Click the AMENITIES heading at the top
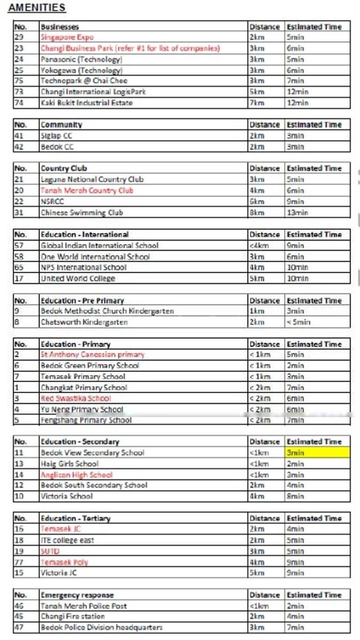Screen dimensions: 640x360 coord(37,8)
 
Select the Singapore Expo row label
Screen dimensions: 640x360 coord(67,37)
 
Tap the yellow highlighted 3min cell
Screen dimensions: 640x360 coord(318,453)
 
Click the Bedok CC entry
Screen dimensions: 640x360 coord(57,147)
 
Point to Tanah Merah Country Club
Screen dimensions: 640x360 coord(87,190)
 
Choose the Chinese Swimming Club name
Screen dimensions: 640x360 coord(82,212)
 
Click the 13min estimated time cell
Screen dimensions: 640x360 coord(297,212)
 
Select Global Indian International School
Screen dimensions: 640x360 coord(100,245)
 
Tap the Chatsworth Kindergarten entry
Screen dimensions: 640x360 coord(84,322)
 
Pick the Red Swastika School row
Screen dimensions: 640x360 coord(76,398)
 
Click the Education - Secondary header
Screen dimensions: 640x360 coord(80,442)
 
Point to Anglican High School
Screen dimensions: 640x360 coord(76,475)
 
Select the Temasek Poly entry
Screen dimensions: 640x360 coord(64,562)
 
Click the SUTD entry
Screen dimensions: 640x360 coord(50,551)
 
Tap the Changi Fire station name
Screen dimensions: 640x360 coord(72,616)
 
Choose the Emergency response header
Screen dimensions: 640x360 coord(77,595)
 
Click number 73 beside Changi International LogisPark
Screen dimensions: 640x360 coord(19,92)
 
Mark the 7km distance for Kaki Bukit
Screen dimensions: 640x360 coord(257,103)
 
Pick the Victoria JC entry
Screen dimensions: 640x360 coord(58,573)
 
